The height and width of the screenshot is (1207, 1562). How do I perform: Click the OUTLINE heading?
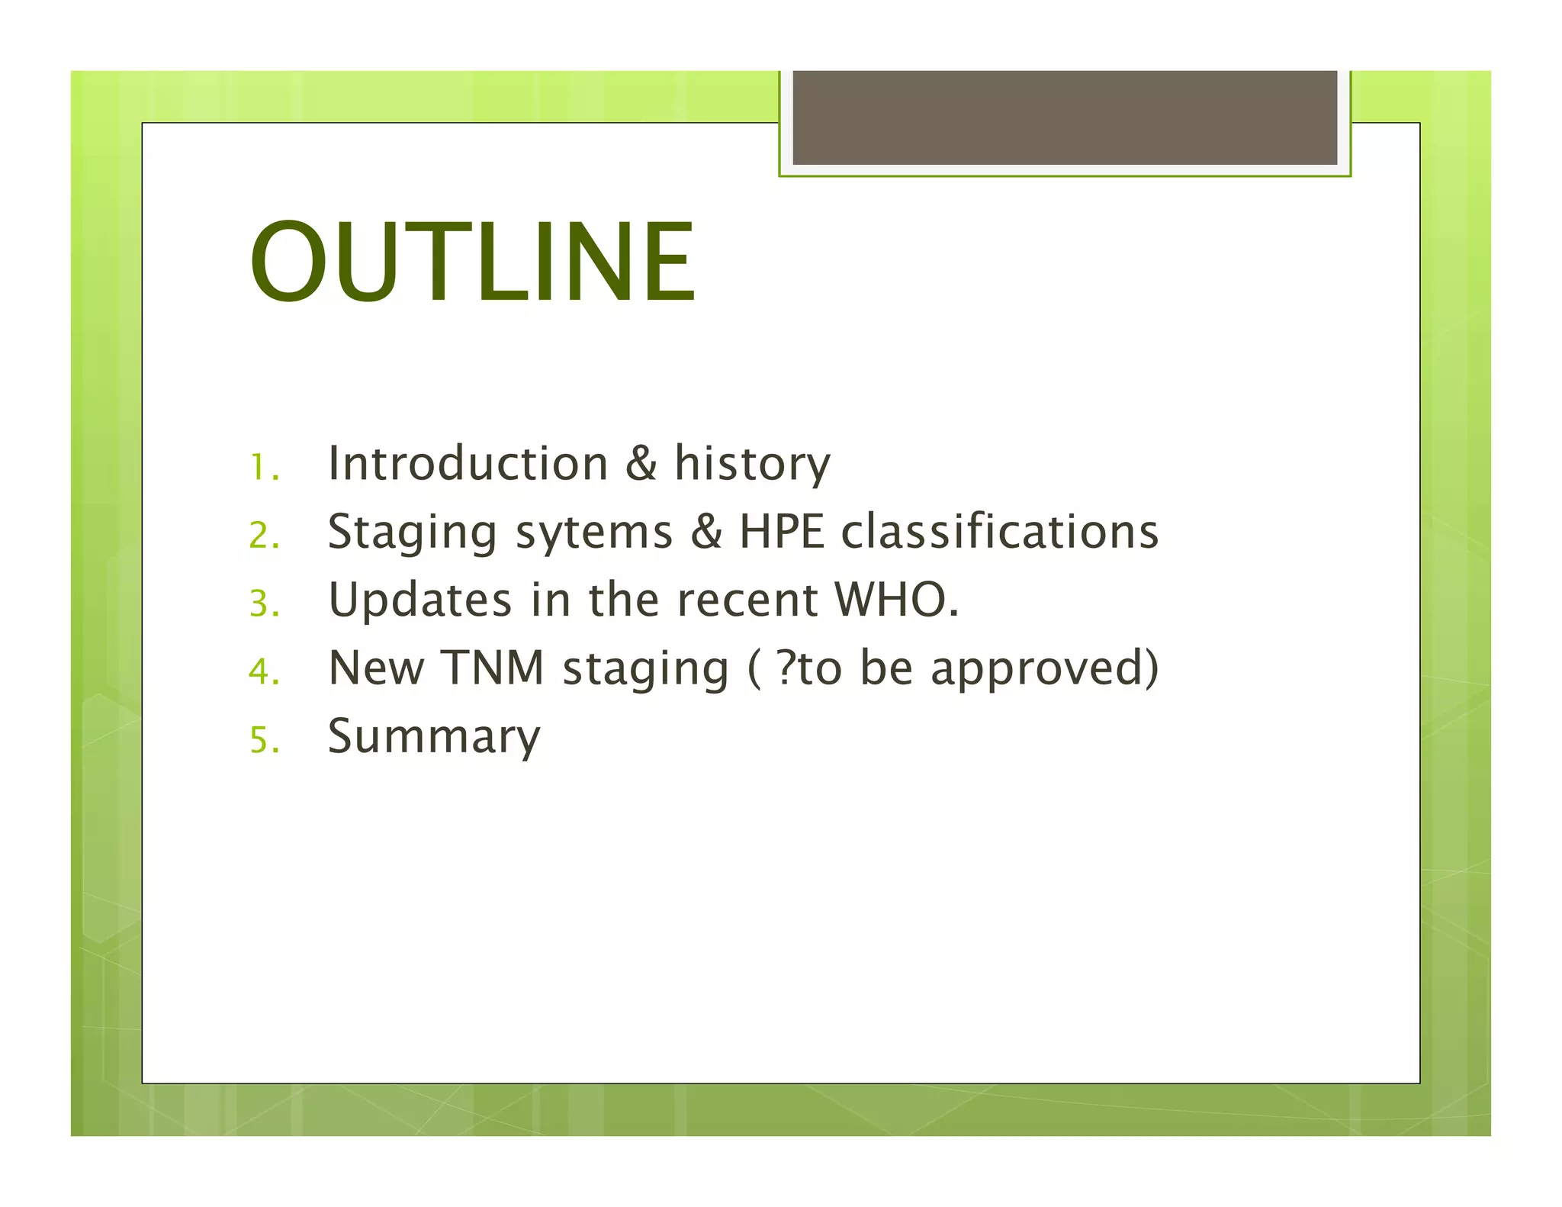[x=472, y=262]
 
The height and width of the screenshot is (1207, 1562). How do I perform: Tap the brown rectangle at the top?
[x=1065, y=117]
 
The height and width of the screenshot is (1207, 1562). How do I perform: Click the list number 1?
[x=264, y=467]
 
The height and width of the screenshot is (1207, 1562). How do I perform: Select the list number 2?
[x=264, y=535]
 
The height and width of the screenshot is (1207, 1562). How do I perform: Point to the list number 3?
[x=264, y=603]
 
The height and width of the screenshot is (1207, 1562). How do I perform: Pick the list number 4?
[x=264, y=671]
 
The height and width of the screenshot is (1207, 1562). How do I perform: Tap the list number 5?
[x=264, y=739]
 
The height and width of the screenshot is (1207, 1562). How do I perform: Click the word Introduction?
[x=468, y=463]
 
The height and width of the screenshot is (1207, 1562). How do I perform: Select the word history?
[x=752, y=463]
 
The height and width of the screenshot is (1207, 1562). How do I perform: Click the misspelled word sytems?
[x=594, y=532]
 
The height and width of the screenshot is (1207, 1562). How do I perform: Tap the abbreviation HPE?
[x=782, y=532]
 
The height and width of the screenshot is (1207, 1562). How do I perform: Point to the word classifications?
[x=1000, y=532]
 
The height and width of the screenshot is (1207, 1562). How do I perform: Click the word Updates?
[x=419, y=600]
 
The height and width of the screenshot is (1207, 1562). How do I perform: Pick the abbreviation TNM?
[x=493, y=668]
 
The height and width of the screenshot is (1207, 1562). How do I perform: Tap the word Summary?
[x=434, y=736]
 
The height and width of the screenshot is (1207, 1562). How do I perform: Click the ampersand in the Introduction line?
[x=641, y=463]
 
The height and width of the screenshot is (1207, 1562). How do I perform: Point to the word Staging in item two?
[x=412, y=532]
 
